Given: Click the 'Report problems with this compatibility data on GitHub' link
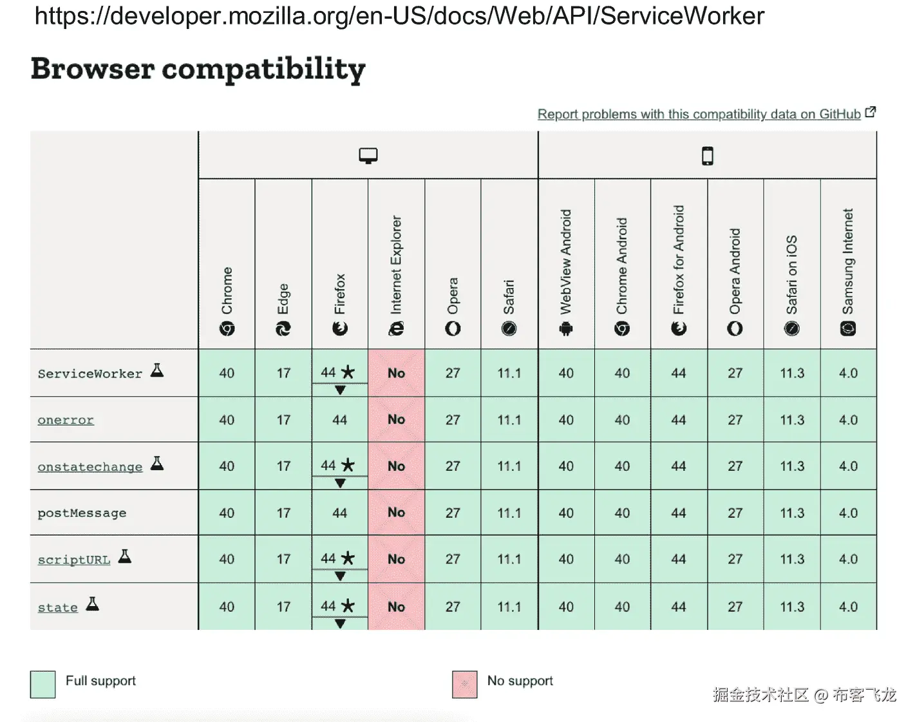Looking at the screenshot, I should pos(699,114).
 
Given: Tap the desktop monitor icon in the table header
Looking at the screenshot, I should pos(368,156).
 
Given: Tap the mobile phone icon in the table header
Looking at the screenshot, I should pos(708,156).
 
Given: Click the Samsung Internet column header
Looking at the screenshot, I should pos(848,271).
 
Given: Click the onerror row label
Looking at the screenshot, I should pos(66,420).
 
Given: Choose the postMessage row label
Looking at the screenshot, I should pos(82,513).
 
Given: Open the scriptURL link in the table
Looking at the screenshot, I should pos(74,560).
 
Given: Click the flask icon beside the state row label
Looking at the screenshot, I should pos(93,604).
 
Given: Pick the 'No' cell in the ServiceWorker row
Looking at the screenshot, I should pos(396,373).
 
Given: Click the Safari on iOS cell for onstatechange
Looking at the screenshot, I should pos(792,466).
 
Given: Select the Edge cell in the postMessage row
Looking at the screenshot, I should pos(283,513).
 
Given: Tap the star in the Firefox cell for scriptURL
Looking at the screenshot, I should pos(348,558).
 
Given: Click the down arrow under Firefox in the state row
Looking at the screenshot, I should pos(340,623).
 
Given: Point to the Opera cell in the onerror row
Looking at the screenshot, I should pos(453,419).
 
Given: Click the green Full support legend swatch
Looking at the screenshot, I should pos(43,684).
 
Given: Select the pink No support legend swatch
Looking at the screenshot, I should pos(465,684).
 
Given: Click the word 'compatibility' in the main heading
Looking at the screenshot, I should pos(263,69).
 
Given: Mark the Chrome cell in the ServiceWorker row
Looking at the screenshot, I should pos(227,373).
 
